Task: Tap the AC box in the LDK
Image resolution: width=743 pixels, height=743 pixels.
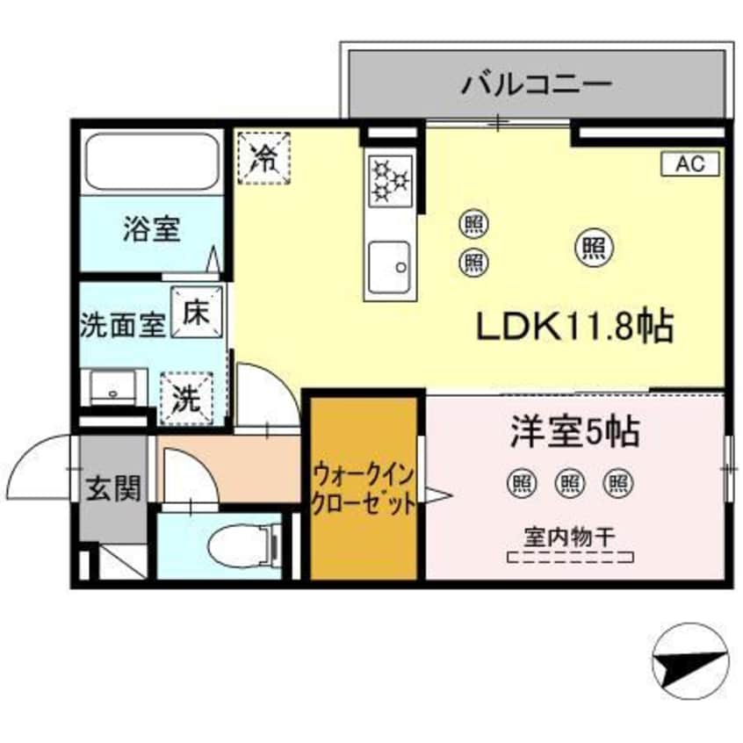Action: [689, 163]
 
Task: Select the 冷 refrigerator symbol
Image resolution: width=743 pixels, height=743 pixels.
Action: [262, 157]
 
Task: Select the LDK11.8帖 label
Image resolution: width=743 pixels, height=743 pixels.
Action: [574, 328]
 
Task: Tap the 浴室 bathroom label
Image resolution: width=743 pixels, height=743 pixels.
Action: [151, 230]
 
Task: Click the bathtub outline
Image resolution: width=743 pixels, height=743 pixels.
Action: [151, 162]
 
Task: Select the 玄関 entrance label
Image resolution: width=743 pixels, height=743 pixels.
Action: [114, 487]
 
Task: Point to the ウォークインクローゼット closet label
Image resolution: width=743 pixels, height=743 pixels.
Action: [363, 490]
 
